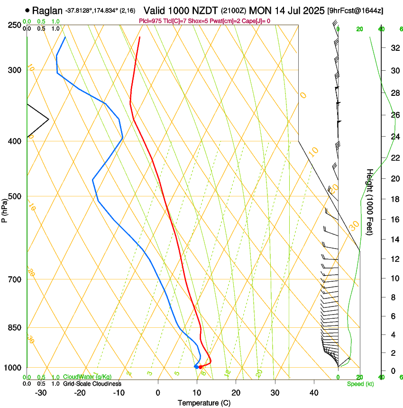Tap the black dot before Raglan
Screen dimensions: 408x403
(27, 10)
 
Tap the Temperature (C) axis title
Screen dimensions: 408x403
(204, 403)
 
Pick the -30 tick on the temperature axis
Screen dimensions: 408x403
(41, 393)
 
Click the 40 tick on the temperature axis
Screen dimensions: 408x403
(313, 393)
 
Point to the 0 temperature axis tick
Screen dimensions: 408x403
(158, 393)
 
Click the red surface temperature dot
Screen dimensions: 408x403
(201, 367)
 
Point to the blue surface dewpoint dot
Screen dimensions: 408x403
(196, 367)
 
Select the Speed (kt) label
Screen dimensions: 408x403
(360, 384)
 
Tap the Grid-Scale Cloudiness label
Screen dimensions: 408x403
(92, 384)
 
